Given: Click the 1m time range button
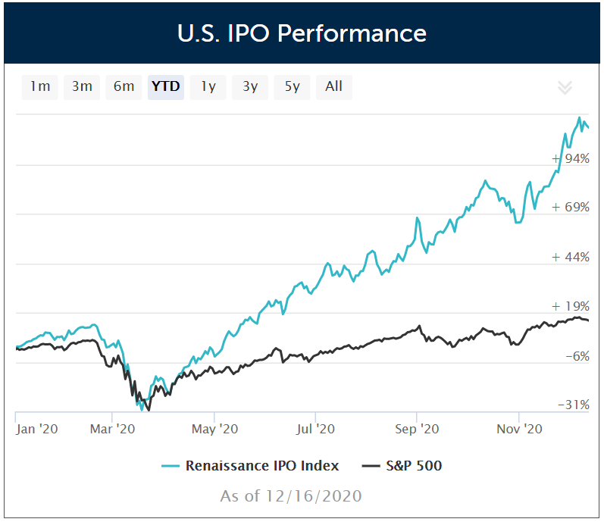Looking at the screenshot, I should coord(40,86).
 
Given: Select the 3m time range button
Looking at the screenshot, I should coord(82,86).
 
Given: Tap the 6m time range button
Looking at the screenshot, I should coord(124,86).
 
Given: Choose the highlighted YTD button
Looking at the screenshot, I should coord(165,86).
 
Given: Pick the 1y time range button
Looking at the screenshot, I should coord(208,86).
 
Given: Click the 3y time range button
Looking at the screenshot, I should coord(250,86).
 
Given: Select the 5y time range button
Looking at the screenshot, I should coord(292,86).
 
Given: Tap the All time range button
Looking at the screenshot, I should coord(333,86).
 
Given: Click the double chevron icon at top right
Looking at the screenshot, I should coord(565,87).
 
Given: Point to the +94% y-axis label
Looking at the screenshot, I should coord(571,158).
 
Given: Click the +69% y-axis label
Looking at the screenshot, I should coord(571,207).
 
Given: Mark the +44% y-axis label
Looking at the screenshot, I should coord(571,257).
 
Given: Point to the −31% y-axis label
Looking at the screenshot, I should coord(573,405).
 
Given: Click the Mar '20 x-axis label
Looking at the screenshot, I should coord(112,429).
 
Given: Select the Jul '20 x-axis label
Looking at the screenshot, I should coord(315,429).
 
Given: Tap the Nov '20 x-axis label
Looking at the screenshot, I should coord(519,429).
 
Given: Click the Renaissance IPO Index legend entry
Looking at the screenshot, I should coord(251,465).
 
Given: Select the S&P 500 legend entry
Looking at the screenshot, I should coord(402,465).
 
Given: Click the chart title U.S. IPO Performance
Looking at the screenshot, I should coord(302,33).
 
